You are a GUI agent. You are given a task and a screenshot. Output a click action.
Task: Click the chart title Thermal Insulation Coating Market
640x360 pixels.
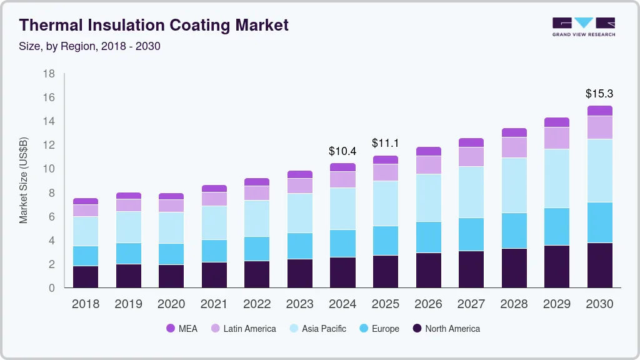point(154,25)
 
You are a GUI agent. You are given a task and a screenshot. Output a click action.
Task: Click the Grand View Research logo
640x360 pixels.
point(583,26)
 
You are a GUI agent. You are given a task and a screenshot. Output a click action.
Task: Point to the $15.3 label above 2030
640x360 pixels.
point(599,94)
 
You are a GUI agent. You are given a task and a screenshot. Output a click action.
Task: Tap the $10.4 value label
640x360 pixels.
point(342,151)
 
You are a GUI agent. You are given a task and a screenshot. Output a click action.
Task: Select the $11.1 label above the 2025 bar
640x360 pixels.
point(385,144)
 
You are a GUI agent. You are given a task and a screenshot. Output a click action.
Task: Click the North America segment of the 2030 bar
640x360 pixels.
point(599,265)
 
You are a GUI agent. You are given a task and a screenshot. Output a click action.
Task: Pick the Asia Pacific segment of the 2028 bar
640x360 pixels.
point(514,185)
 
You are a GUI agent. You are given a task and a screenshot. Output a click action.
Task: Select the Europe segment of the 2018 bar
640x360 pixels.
point(86,256)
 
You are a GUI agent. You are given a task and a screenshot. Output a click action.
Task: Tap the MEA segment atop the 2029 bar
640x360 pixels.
point(556,122)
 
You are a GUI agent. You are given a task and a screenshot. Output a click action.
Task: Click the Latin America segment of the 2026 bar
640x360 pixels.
point(428,164)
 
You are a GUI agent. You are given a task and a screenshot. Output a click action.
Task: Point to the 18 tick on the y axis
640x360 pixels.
point(49,74)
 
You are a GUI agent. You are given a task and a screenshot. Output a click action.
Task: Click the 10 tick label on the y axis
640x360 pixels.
point(49,169)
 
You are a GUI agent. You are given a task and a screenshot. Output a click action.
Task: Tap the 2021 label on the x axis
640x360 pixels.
point(214,304)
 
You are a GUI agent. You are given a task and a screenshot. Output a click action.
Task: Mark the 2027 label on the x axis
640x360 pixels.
point(471,304)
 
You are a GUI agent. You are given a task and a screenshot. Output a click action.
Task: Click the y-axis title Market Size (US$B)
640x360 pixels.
point(24,180)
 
